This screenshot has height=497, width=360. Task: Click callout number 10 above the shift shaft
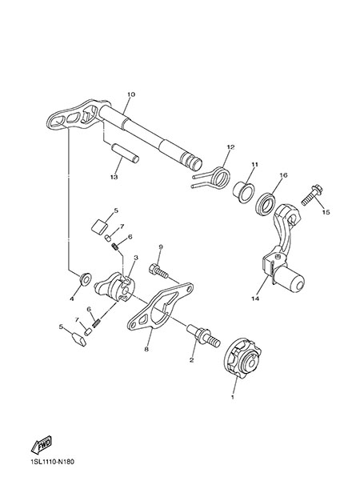[x=131, y=94]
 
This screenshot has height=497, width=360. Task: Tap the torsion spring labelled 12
[x=215, y=179]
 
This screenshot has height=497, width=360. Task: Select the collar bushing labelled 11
[x=243, y=192]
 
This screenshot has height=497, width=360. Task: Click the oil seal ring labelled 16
[x=267, y=206]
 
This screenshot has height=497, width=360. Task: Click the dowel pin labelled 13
[x=125, y=153]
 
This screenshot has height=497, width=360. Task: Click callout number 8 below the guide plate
[x=146, y=349]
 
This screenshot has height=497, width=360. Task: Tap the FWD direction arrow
[x=42, y=443]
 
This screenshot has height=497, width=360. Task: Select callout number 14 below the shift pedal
[x=255, y=299]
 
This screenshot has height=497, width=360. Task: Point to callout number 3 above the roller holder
[x=136, y=258]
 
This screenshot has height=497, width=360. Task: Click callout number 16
[x=283, y=174]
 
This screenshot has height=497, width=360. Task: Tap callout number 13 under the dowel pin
[x=114, y=177]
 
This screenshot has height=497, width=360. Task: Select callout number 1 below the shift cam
[x=232, y=396]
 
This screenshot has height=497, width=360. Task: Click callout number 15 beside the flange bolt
[x=326, y=212]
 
